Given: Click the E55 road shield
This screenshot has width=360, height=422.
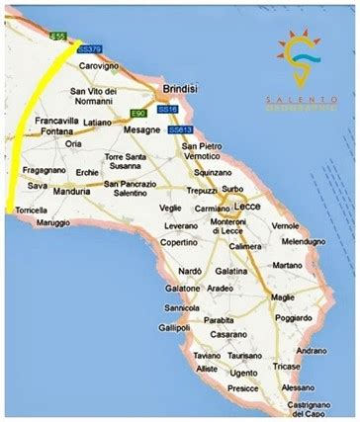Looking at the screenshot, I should point(58,37).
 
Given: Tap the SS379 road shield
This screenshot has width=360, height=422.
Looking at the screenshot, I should point(89,48).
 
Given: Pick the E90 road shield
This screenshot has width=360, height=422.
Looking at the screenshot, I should point(137,115).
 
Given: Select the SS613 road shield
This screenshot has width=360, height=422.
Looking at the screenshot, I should point(179,129).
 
